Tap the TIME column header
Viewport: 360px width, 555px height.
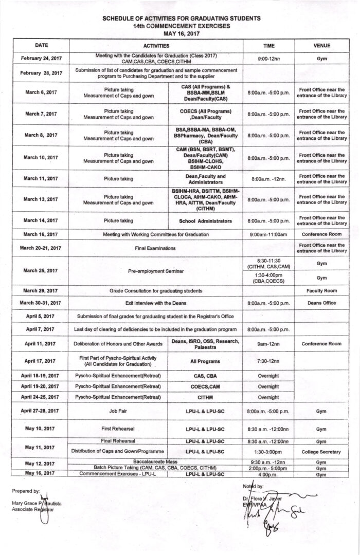tap(268, 45)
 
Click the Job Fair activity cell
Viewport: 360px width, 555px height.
tap(119, 411)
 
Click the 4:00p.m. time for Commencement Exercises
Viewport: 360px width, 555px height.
tap(268, 474)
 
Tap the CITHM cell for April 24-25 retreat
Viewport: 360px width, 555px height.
tap(205, 397)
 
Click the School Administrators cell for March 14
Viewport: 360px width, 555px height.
tap(205, 221)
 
